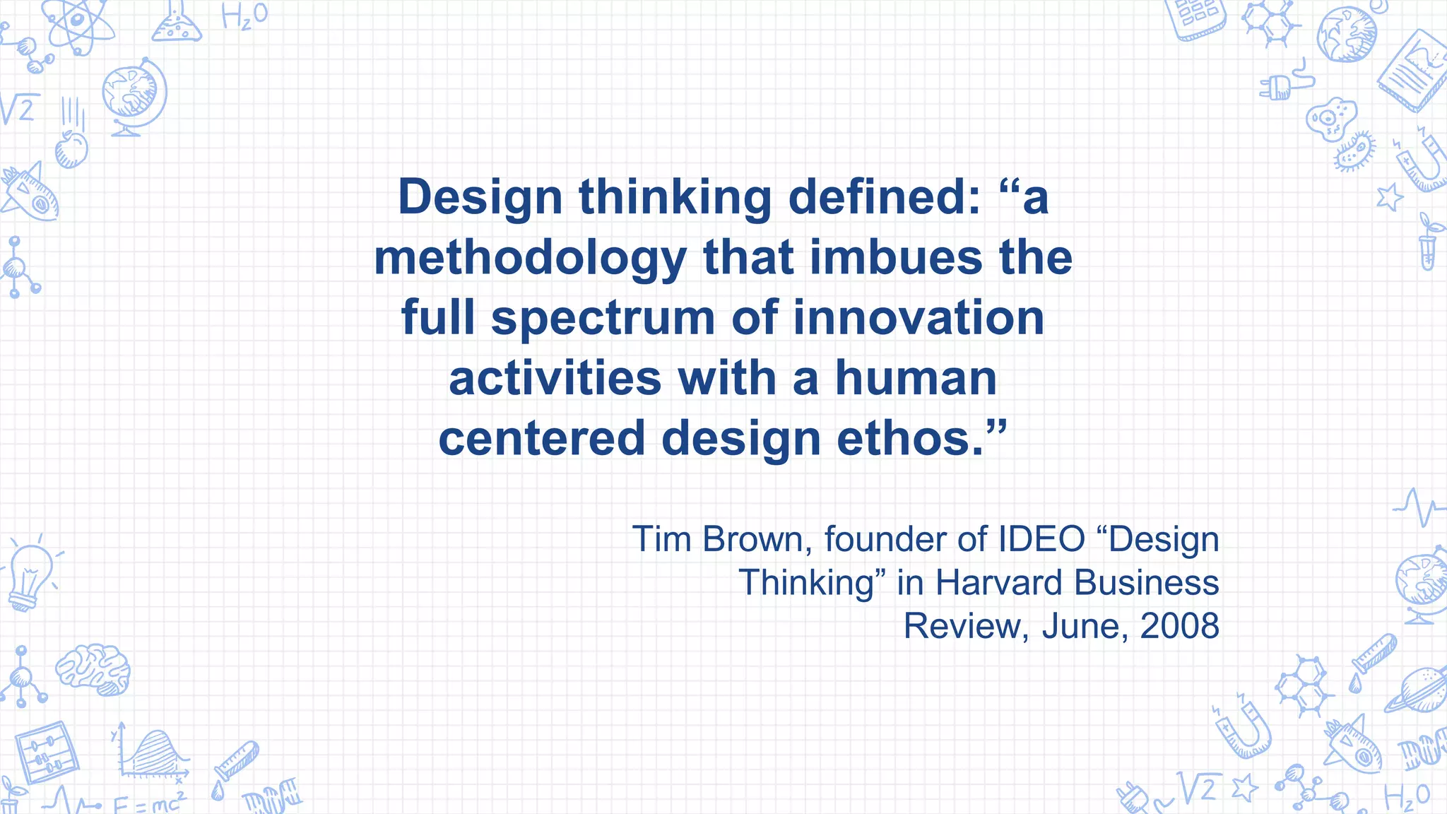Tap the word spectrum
coord(603,319)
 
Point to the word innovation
coord(919,318)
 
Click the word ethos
coord(911,438)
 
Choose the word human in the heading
coord(916,378)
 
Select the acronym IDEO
coord(1041,539)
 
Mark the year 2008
coord(1180,626)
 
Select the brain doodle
coord(93,668)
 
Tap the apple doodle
coord(71,148)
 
